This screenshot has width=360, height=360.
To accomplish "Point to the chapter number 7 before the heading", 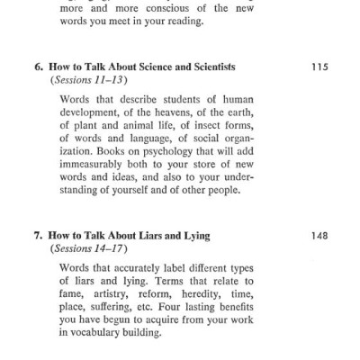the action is (38, 236).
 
